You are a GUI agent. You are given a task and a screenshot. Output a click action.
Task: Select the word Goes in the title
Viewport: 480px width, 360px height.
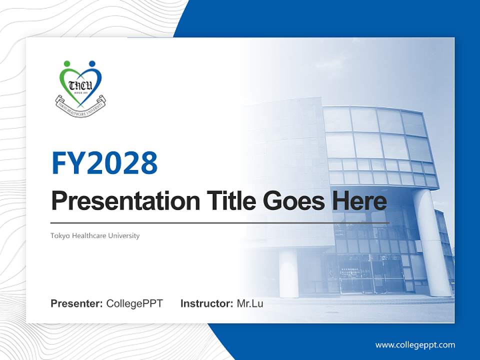[290, 201]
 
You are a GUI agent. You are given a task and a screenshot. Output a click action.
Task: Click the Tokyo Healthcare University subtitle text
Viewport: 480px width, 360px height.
[95, 235]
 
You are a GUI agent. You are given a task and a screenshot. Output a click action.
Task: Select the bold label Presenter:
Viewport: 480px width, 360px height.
[77, 303]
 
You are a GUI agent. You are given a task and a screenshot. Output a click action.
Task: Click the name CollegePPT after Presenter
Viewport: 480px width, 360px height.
[134, 303]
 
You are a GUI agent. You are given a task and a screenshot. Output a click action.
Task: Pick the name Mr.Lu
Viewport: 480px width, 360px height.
[250, 303]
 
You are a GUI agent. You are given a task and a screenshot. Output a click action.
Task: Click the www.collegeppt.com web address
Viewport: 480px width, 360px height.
[415, 344]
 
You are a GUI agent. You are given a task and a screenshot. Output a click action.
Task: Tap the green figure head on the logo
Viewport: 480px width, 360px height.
[67, 64]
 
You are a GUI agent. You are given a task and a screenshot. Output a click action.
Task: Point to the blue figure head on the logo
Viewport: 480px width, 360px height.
[91, 64]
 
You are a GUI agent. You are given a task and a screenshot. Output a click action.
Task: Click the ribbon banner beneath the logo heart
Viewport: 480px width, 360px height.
[80, 104]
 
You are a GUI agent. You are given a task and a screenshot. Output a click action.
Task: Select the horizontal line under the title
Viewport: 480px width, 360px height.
[220, 222]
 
